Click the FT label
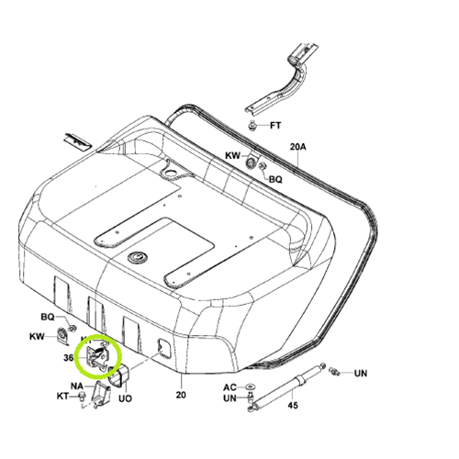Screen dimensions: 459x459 click(x=275, y=126)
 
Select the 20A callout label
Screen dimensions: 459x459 click(x=297, y=147)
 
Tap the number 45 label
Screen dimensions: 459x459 click(x=293, y=405)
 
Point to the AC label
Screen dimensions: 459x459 click(x=229, y=387)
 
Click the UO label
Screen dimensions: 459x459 click(x=125, y=398)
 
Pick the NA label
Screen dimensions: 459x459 click(x=77, y=386)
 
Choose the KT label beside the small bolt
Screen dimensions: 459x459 click(x=62, y=396)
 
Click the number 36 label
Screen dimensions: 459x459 click(x=69, y=357)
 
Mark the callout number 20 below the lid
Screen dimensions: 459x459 click(x=181, y=395)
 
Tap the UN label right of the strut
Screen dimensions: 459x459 click(x=361, y=374)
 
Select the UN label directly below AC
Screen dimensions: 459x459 click(x=229, y=398)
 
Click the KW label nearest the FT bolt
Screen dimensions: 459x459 click(x=233, y=155)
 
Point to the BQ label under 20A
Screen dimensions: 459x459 click(x=275, y=179)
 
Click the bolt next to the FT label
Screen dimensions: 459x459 click(x=252, y=126)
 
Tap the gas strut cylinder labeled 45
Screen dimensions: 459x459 click(x=286, y=386)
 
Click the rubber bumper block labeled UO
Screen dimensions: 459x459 click(x=119, y=375)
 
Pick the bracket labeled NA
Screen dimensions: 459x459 click(x=101, y=395)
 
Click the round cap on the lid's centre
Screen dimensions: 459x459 click(x=137, y=257)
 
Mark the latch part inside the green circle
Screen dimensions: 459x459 click(x=97, y=356)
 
